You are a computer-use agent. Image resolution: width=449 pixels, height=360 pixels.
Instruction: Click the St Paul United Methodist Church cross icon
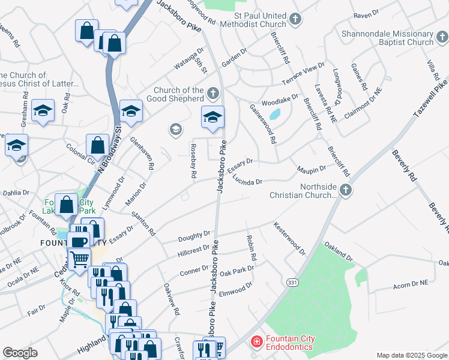(295, 19)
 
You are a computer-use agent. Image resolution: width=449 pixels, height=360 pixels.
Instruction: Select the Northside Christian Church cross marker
(345, 190)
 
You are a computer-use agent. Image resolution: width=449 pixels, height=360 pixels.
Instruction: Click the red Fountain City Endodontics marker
(256, 342)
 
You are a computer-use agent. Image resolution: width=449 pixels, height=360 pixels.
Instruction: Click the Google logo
(20, 353)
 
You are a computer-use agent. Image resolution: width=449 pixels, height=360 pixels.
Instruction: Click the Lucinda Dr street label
(248, 180)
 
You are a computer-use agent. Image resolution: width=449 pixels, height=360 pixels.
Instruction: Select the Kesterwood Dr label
(289, 238)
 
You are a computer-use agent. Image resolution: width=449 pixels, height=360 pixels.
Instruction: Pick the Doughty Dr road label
(194, 237)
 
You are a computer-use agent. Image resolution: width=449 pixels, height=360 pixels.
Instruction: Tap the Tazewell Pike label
(430, 97)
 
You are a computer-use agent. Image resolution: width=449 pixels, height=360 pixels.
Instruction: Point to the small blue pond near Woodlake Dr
(275, 113)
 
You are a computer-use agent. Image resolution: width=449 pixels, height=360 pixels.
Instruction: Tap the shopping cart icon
(79, 259)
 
